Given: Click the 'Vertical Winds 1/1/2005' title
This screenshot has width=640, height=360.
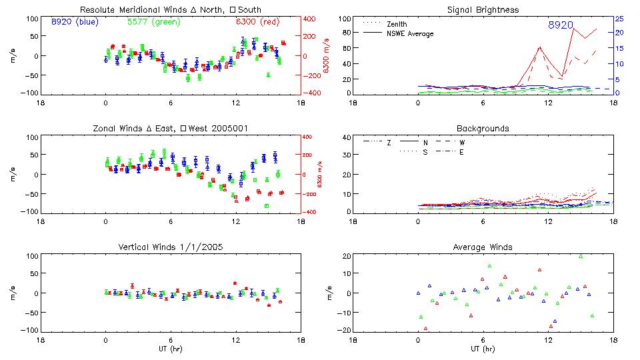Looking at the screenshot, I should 170,247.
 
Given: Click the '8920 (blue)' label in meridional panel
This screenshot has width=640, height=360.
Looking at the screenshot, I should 74,21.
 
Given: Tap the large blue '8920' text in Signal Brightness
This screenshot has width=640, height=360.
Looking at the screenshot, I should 561,25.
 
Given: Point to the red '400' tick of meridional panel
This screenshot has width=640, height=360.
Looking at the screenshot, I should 311,19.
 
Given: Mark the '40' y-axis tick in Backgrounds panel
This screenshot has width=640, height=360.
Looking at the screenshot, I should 345,137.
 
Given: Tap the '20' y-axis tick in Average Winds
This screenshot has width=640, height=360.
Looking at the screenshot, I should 345,256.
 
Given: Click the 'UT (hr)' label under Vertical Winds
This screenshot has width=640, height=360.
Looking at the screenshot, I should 170,348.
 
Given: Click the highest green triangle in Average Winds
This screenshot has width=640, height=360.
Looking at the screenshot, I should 581,256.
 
